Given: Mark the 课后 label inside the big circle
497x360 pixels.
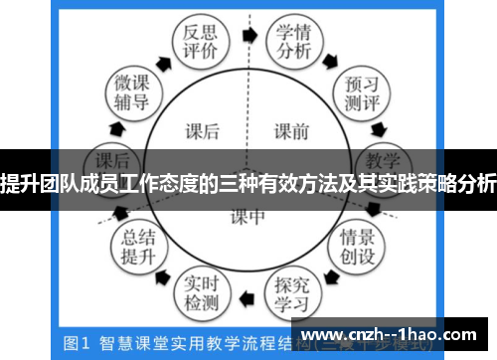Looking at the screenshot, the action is click(204, 129).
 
